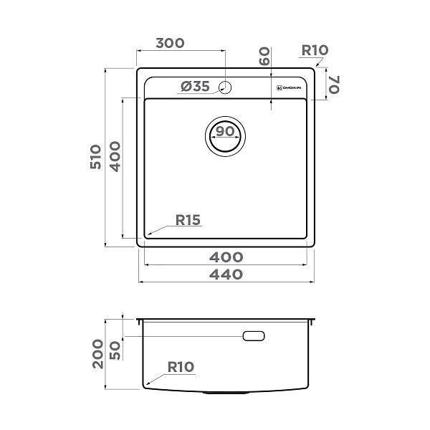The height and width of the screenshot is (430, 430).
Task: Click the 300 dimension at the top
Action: point(170,43)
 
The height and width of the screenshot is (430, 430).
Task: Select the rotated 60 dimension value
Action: point(264,57)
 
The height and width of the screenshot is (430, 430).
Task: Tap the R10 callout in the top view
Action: point(314,50)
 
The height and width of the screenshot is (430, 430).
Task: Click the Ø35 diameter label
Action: point(195,87)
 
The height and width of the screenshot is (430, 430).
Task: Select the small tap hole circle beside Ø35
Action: point(225,87)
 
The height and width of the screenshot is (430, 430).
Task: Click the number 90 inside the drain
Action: point(226,132)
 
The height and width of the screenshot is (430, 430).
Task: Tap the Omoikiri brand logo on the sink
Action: point(292,87)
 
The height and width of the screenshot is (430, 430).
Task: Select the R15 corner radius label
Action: point(188,221)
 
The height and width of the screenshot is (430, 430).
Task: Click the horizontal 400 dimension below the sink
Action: point(226,257)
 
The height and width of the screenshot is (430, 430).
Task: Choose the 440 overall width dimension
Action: point(226,274)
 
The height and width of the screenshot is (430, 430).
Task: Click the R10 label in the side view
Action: point(181,368)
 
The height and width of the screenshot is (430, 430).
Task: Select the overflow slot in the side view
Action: point(254,335)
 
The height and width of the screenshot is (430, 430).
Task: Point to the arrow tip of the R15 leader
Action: point(148,236)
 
